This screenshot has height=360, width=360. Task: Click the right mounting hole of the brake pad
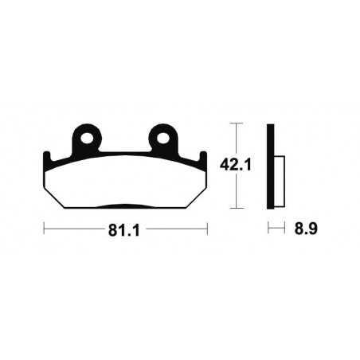point(165,137)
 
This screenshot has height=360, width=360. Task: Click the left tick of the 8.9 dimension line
point(268,229)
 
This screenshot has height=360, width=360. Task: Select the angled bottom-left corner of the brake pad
point(54,201)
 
